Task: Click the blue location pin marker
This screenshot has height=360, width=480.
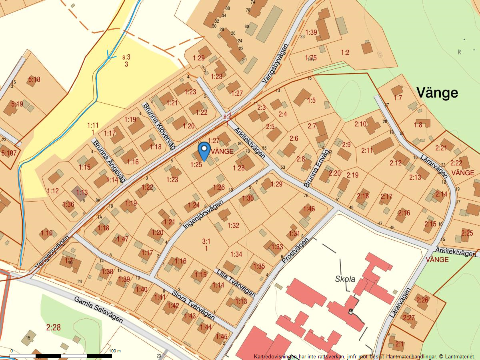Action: tap(204, 151)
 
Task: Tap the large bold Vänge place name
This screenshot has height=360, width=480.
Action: tap(437, 93)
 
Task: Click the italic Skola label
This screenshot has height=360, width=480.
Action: tap(345, 279)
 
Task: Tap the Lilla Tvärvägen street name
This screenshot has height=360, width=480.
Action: tap(236, 283)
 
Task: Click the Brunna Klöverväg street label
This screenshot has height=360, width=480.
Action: tap(159, 126)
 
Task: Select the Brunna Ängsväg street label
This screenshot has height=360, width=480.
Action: tap(109, 160)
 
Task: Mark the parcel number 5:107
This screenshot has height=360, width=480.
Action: tap(9, 153)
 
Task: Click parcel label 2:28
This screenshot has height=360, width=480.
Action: tap(53, 328)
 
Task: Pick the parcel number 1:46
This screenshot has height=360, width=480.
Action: tap(309, 208)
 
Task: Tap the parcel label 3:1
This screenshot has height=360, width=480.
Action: tap(206, 241)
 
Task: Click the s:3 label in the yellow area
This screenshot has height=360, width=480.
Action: tap(126, 57)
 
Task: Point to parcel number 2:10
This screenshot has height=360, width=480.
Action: tap(360, 124)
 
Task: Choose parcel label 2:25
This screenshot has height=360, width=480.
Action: tap(467, 233)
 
